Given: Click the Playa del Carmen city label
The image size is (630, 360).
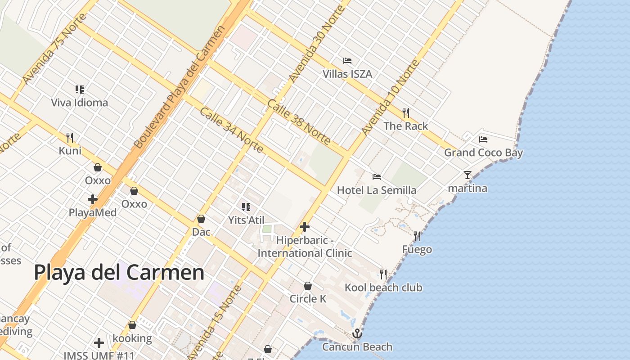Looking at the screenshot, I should pyautogui.click(x=119, y=273).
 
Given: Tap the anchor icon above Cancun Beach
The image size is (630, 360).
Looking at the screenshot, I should pyautogui.click(x=357, y=333).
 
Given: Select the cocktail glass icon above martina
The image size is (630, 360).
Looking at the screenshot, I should pyautogui.click(x=468, y=175).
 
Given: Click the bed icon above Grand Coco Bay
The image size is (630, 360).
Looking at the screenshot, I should pyautogui.click(x=483, y=139).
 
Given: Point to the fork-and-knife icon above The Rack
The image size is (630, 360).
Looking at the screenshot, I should pyautogui.click(x=405, y=112).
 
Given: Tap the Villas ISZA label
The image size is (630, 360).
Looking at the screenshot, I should pyautogui.click(x=347, y=74).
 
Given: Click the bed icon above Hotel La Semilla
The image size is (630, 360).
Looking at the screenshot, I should pyautogui.click(x=377, y=176).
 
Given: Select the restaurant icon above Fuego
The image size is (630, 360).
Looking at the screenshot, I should pyautogui.click(x=417, y=236).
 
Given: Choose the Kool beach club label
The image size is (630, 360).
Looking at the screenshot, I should pyautogui.click(x=383, y=288).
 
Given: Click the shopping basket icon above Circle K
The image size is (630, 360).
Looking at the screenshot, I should pyautogui.click(x=308, y=286).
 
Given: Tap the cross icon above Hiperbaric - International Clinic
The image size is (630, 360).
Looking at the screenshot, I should pyautogui.click(x=305, y=227).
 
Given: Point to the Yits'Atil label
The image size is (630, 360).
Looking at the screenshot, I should pyautogui.click(x=246, y=220).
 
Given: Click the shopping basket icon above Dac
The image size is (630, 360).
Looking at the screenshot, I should pyautogui.click(x=201, y=219).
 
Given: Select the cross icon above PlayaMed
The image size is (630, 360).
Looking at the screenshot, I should pyautogui.click(x=93, y=199).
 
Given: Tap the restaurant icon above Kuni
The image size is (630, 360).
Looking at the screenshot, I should pyautogui.click(x=70, y=137).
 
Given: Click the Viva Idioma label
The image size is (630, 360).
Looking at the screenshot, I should pyautogui.click(x=80, y=103).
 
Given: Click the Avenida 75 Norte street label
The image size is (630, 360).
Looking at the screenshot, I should pyautogui.click(x=54, y=49).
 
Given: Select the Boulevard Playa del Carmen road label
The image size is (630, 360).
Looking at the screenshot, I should pyautogui.click(x=179, y=87).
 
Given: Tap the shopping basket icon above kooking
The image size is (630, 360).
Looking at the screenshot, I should pyautogui.click(x=132, y=325).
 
